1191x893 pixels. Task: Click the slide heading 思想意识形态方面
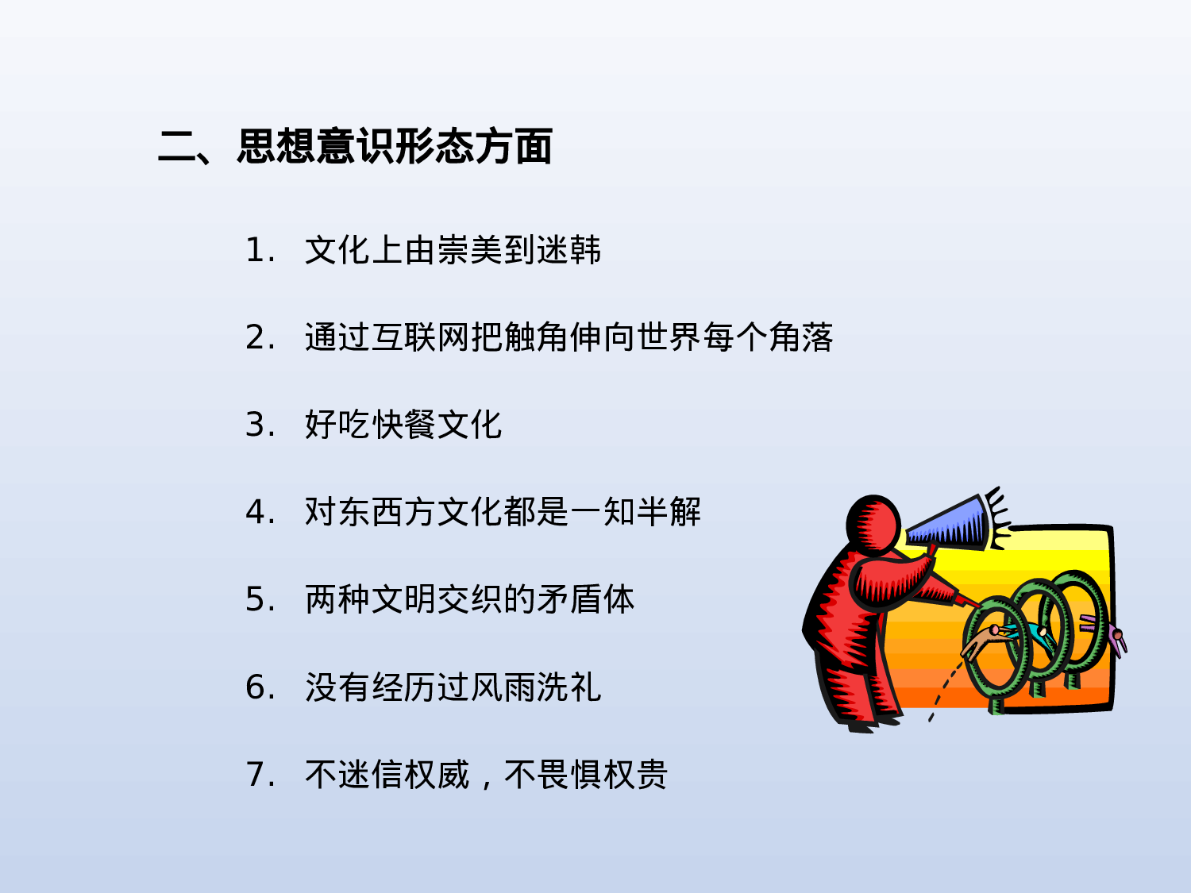pos(395,147)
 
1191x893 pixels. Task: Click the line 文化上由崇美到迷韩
pos(453,251)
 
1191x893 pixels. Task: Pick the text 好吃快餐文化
pos(403,425)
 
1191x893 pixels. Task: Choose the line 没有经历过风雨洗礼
pos(453,687)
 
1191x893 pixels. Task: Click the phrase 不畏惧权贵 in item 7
pos(586,775)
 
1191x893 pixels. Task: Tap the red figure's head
pos(873,524)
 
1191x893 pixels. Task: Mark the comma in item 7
pos(486,782)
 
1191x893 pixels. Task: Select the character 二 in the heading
pos(176,147)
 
